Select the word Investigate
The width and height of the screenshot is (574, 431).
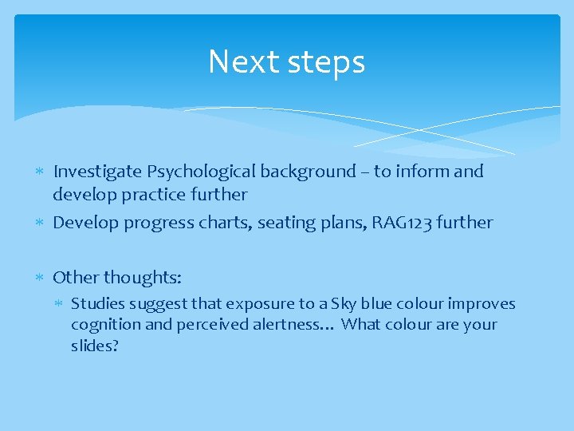[x=97, y=172]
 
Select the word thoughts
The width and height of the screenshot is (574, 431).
[x=143, y=278]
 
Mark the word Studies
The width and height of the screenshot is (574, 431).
[x=96, y=304]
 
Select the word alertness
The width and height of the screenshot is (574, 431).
[x=296, y=325]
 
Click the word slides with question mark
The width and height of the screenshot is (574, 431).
[x=94, y=346]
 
